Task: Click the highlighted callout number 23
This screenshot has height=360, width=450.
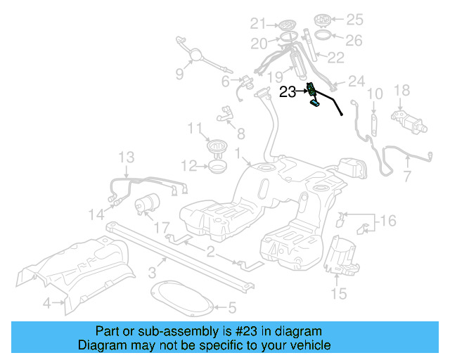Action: click(x=288, y=91)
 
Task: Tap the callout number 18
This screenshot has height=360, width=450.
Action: click(x=401, y=89)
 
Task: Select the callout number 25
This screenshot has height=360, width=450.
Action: click(x=354, y=18)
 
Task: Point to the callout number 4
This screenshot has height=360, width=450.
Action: click(x=46, y=304)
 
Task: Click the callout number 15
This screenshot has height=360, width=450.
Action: click(x=339, y=294)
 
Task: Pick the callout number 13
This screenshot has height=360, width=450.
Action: click(x=126, y=155)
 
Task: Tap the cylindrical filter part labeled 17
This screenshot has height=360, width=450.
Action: click(x=148, y=204)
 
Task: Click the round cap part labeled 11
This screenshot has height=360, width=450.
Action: click(x=217, y=147)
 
